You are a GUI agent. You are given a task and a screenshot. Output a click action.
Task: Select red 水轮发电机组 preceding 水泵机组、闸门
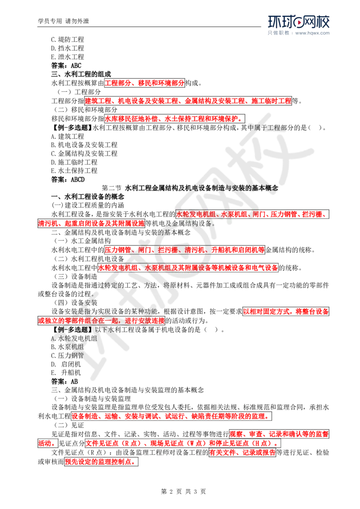pyautogui.click(x=197, y=214)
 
